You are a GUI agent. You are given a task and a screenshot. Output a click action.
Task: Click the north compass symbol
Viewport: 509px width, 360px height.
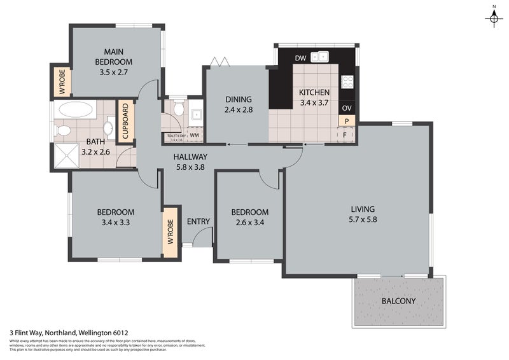[493, 18]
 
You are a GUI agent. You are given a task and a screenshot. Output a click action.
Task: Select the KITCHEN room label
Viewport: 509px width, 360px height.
[314, 92]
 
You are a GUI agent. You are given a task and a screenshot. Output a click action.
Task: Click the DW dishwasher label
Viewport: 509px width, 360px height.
[301, 59]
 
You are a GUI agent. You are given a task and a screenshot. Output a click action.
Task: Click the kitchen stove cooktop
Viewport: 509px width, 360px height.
[347, 81]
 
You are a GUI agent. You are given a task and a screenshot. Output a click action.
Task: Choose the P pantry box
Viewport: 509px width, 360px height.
[347, 121]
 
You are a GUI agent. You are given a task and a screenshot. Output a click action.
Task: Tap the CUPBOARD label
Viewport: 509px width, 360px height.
[125, 121]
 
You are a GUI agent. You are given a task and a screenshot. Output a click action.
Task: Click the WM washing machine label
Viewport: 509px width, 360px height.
[193, 135]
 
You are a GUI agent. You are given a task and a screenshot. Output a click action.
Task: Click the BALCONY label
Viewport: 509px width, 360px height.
[399, 301]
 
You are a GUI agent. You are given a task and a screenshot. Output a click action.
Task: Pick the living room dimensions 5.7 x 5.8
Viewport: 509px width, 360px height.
[363, 220]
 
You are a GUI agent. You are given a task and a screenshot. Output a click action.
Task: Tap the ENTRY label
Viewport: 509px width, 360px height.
[199, 221]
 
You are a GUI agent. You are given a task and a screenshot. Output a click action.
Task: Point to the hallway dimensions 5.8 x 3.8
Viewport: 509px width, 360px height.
[190, 167]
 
